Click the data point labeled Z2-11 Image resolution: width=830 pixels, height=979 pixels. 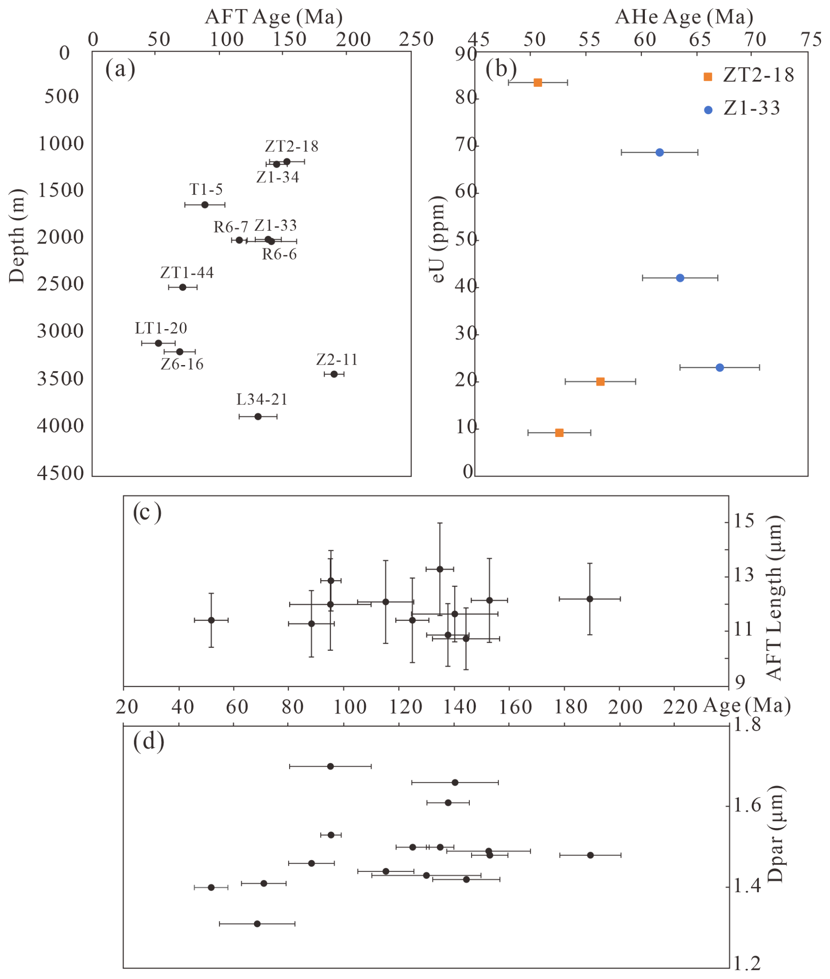(334, 374)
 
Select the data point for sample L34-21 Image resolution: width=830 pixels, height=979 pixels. (258, 416)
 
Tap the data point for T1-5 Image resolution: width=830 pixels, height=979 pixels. (205, 205)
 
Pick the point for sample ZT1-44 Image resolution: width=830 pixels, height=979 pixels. (182, 287)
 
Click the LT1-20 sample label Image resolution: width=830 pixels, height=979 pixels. (161, 328)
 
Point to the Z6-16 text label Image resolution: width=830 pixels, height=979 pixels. (182, 364)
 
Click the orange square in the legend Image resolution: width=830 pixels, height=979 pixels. (708, 77)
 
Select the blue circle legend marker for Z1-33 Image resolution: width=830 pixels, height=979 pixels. (708, 110)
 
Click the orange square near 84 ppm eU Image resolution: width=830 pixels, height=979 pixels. (538, 83)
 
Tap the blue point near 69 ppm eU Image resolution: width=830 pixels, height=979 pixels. (660, 153)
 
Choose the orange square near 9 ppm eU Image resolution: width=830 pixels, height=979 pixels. (559, 433)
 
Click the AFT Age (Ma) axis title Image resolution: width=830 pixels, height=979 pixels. (273, 17)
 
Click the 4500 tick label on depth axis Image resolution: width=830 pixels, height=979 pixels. (60, 473)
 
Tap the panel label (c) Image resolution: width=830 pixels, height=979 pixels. (147, 513)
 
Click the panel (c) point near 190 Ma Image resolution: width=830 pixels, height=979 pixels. (590, 599)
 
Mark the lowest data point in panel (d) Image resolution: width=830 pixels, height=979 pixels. (257, 924)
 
